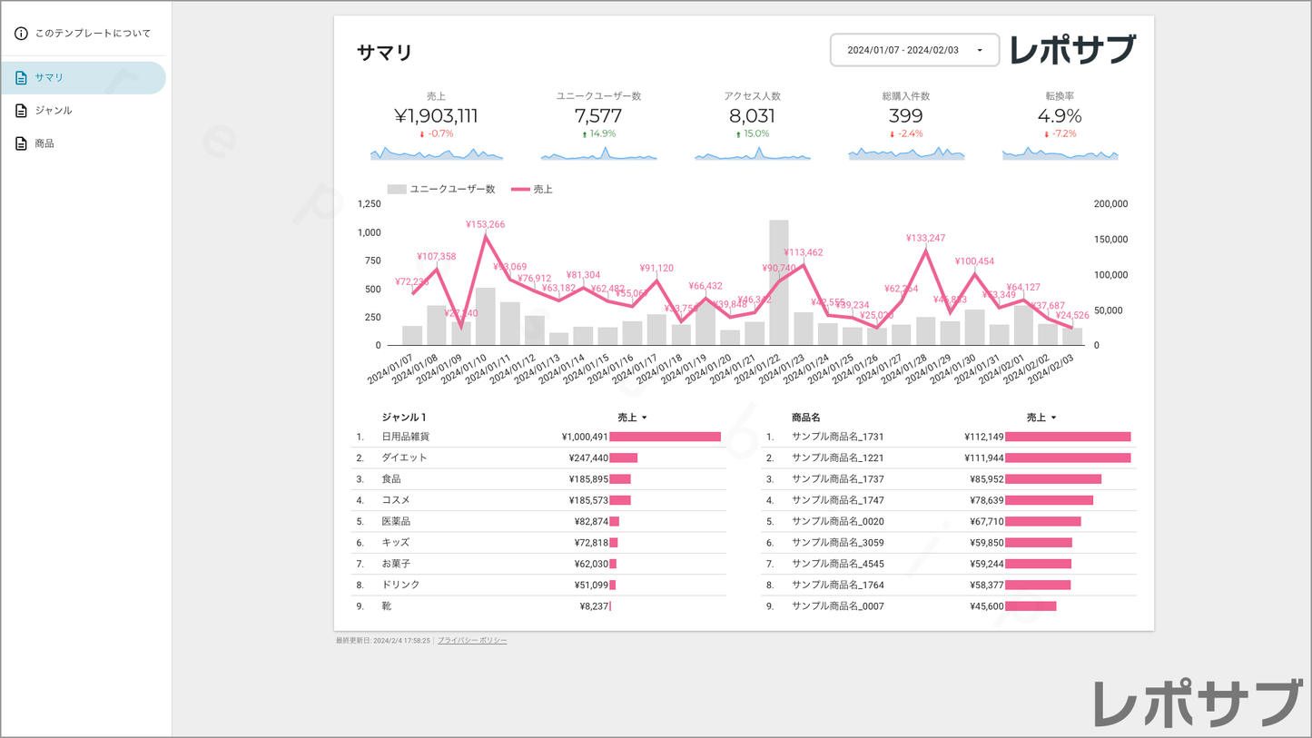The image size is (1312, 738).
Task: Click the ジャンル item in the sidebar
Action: click(x=54, y=111)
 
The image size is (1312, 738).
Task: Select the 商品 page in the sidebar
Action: click(x=44, y=143)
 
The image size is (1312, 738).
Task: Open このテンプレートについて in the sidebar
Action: click(x=92, y=34)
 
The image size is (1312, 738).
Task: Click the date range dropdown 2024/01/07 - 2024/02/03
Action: click(x=914, y=50)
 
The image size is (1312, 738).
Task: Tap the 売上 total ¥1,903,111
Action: click(x=436, y=116)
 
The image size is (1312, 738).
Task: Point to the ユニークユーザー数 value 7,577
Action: click(x=598, y=116)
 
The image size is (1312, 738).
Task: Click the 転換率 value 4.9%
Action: click(x=1060, y=116)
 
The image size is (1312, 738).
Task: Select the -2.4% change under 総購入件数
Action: click(x=909, y=134)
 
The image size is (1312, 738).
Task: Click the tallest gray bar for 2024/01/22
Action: click(x=778, y=281)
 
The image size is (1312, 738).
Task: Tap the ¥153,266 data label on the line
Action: click(x=485, y=224)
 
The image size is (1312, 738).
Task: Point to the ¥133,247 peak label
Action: click(x=925, y=239)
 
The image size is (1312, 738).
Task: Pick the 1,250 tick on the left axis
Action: click(x=370, y=204)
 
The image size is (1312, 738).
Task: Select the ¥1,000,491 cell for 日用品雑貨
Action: click(x=584, y=437)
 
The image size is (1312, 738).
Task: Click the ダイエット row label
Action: click(x=404, y=458)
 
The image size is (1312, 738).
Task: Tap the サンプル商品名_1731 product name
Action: click(x=837, y=437)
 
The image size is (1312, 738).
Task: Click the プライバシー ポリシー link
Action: click(x=472, y=641)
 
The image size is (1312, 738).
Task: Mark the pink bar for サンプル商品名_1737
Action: click(x=1052, y=479)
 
